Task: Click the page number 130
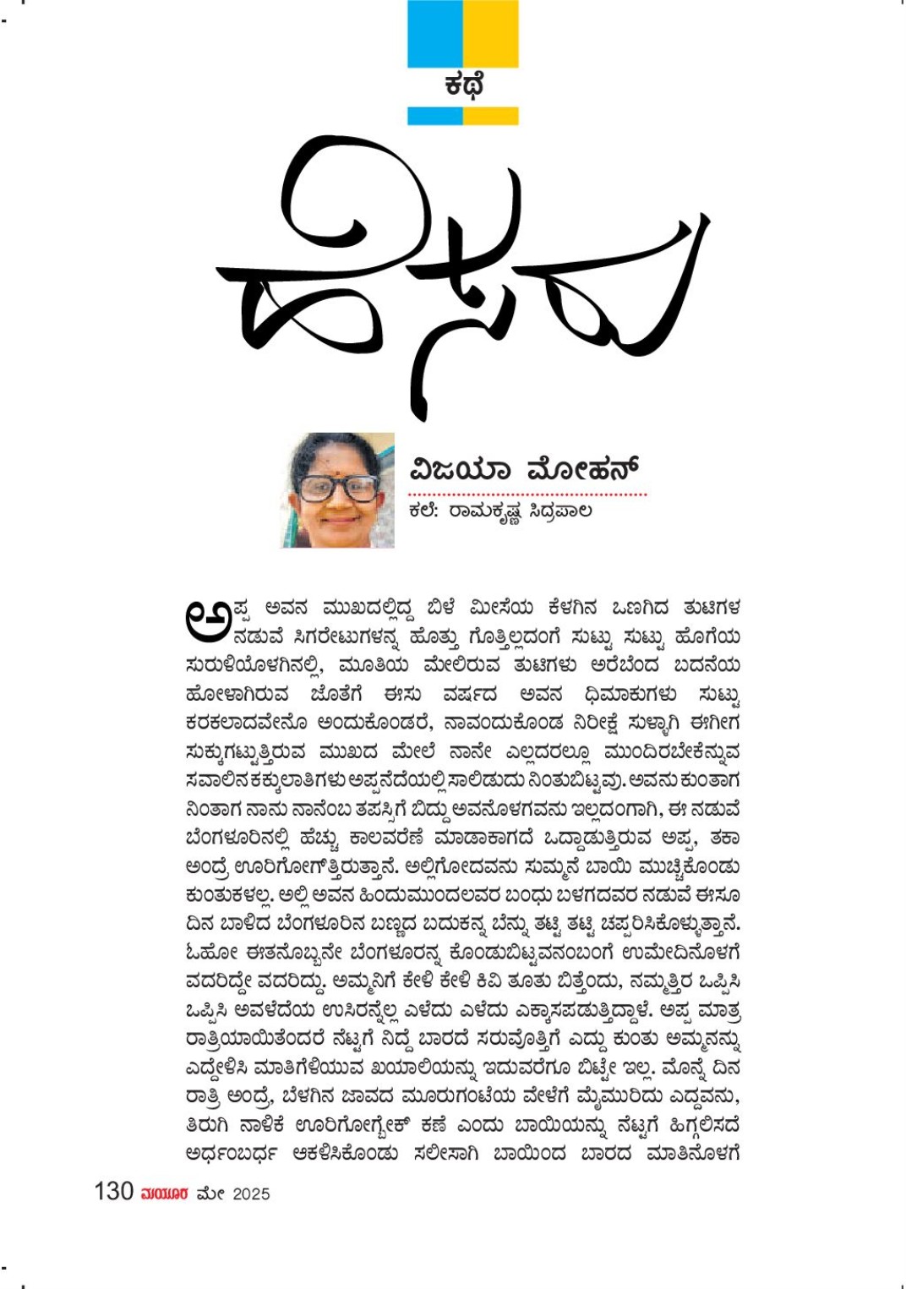click(113, 1191)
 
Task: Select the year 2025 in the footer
click(251, 1194)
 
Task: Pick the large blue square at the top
click(434, 33)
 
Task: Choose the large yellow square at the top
click(491, 33)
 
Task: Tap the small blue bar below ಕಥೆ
click(434, 116)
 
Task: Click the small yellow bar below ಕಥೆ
click(491, 116)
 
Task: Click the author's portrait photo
click(338, 490)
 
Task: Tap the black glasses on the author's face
click(338, 488)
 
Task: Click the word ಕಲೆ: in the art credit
click(423, 511)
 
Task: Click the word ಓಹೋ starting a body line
click(207, 953)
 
